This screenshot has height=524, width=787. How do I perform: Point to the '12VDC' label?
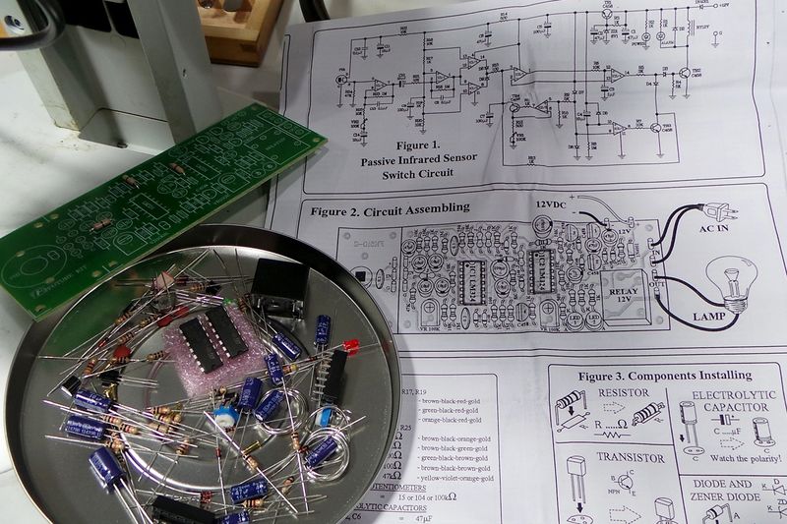coord(554,204)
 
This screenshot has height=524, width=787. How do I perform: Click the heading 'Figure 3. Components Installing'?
coord(664,376)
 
